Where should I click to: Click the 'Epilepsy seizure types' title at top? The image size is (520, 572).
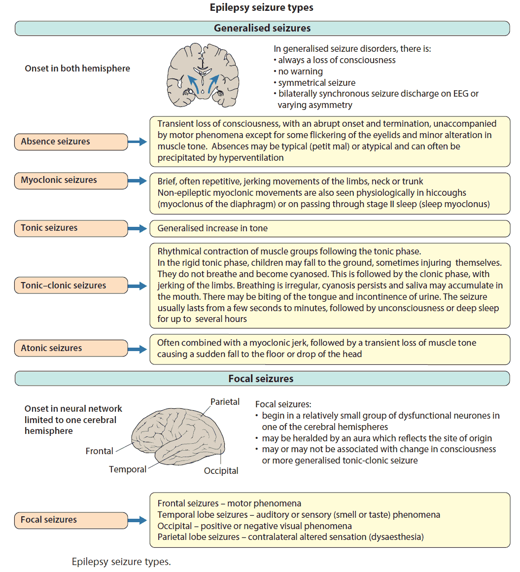click(x=261, y=7)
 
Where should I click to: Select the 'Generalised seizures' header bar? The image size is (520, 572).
click(x=262, y=28)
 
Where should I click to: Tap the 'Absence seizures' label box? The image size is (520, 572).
click(x=71, y=142)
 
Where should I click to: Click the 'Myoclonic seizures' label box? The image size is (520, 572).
click(x=71, y=180)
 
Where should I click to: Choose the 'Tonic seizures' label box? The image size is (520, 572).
click(x=71, y=228)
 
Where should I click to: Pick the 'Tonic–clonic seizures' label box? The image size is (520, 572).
click(x=71, y=286)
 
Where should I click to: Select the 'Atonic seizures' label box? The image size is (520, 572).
click(x=71, y=348)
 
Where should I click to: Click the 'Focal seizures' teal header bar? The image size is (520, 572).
click(x=261, y=379)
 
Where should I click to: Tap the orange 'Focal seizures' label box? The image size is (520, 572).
click(x=71, y=520)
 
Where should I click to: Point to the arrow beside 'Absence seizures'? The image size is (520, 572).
click(x=138, y=142)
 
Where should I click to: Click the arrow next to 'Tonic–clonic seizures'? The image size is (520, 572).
click(x=138, y=286)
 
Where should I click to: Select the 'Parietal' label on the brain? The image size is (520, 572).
click(x=225, y=402)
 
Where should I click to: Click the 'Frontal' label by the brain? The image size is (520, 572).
click(x=100, y=451)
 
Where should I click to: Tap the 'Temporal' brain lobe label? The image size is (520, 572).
click(x=128, y=469)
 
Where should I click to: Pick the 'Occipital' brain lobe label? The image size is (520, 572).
click(x=221, y=471)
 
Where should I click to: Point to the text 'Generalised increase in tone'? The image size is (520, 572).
click(x=212, y=228)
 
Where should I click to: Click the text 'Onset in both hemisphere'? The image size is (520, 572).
click(x=77, y=69)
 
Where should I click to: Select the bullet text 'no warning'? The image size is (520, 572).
click(x=300, y=71)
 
